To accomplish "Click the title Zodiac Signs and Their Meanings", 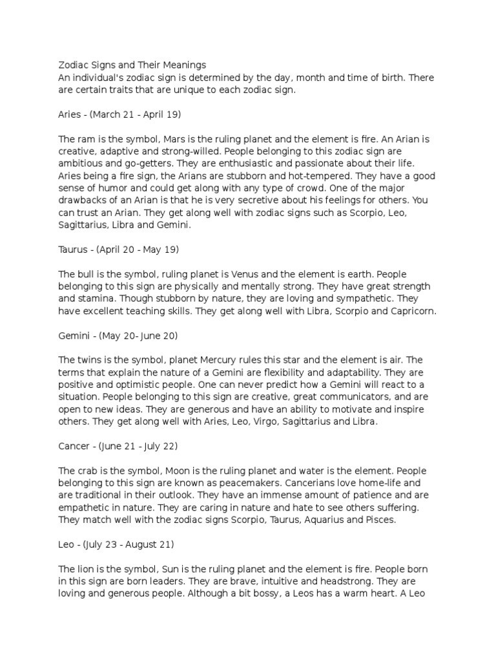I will [132, 65].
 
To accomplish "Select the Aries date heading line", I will [119, 115].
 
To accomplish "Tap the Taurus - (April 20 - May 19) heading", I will [118, 249].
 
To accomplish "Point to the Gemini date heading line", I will [118, 336].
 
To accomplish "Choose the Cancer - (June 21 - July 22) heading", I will [118, 446].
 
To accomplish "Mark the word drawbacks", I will [85, 201].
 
